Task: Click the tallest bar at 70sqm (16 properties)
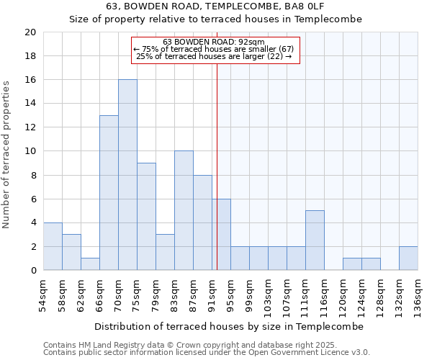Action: [x=127, y=175]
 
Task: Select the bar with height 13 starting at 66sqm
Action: [x=109, y=193]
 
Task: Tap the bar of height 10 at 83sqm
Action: [x=184, y=210]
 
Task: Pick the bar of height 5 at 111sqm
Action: [x=315, y=240]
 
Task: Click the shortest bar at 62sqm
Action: [x=90, y=264]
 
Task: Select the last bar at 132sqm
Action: [x=408, y=258]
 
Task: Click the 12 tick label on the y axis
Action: [x=30, y=127]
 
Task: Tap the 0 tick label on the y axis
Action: [x=32, y=271]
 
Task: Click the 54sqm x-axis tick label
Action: [x=43, y=294]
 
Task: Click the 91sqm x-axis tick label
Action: [x=212, y=294]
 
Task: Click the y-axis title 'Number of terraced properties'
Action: [x=6, y=155]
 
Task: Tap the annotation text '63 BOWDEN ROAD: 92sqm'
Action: [x=214, y=42]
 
